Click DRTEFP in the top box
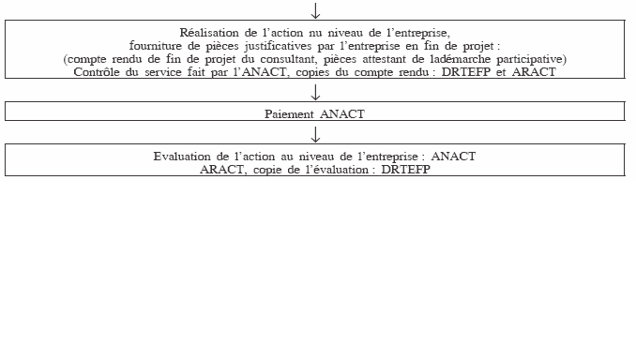click(468, 72)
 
